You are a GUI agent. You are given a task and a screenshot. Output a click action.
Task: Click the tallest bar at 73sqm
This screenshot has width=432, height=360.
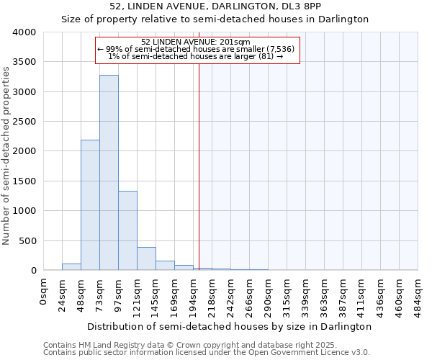[109, 173]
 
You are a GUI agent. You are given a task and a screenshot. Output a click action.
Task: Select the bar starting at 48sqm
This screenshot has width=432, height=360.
[90, 205]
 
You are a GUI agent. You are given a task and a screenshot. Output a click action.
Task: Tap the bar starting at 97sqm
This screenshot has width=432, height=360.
[127, 230]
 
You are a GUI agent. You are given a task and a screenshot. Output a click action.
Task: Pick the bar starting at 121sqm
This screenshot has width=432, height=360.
[146, 258]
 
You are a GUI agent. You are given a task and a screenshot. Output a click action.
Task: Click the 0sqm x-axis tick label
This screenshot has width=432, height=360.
[44, 291]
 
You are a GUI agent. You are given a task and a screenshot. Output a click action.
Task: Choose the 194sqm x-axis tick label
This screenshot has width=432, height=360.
[194, 295]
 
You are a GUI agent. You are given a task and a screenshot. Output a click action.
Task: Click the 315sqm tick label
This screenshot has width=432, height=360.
[287, 295]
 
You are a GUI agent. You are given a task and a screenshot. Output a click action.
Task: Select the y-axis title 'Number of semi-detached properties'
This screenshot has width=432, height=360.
[6, 155]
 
